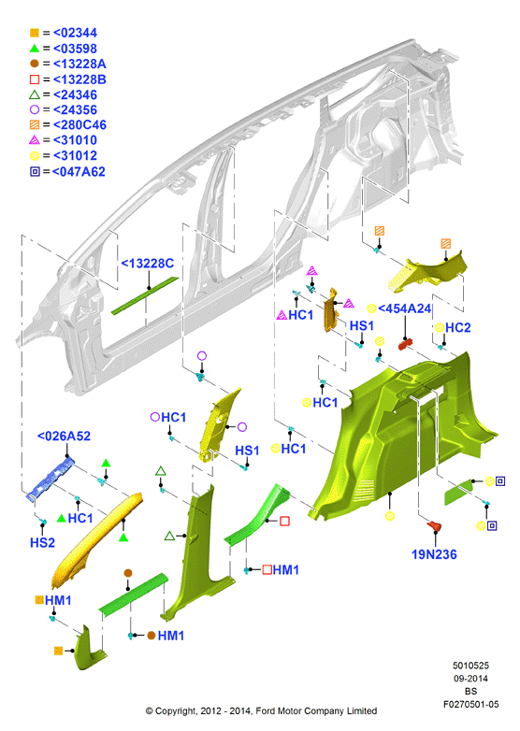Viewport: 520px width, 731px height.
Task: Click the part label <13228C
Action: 148,264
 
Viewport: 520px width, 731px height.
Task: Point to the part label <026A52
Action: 64,437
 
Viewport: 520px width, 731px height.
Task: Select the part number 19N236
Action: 434,554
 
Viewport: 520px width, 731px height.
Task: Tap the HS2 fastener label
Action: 42,543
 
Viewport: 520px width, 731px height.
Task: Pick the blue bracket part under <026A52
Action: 51,479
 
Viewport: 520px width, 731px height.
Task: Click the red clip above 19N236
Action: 434,526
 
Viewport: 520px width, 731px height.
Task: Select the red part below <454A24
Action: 404,345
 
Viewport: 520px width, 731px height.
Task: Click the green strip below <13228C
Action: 145,296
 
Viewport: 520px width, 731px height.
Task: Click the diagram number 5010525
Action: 470,666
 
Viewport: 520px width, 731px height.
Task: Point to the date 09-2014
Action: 470,679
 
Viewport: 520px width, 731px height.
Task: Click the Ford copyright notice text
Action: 261,711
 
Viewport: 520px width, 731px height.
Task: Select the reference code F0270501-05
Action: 470,704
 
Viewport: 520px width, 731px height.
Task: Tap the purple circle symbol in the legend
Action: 35,110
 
